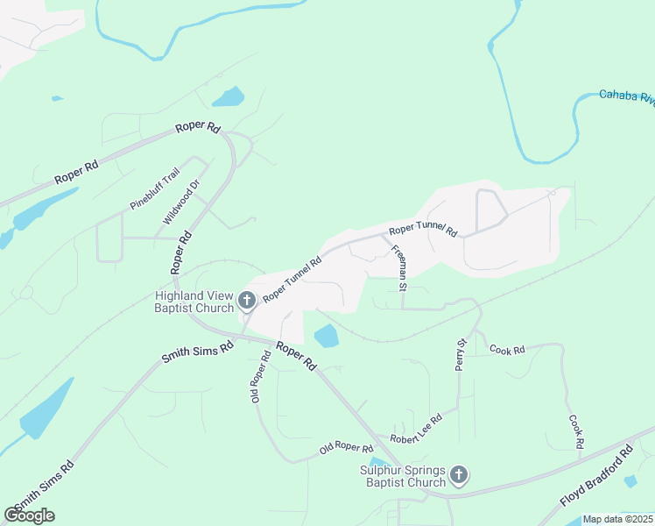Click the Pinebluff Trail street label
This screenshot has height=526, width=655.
click(x=155, y=188)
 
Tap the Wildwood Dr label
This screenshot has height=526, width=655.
click(x=181, y=202)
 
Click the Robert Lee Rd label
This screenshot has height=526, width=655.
click(x=417, y=430)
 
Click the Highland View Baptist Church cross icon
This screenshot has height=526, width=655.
click(x=247, y=302)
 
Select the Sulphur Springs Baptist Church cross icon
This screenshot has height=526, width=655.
click(x=459, y=476)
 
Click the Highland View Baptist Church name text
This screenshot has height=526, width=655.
click(x=194, y=302)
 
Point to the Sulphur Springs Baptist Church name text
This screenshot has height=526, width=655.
click(x=403, y=476)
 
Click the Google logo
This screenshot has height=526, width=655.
click(x=29, y=515)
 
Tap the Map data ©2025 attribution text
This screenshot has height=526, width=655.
click(x=618, y=519)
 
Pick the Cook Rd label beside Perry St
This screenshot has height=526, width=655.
click(x=507, y=350)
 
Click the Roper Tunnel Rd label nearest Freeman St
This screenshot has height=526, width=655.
click(x=424, y=231)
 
